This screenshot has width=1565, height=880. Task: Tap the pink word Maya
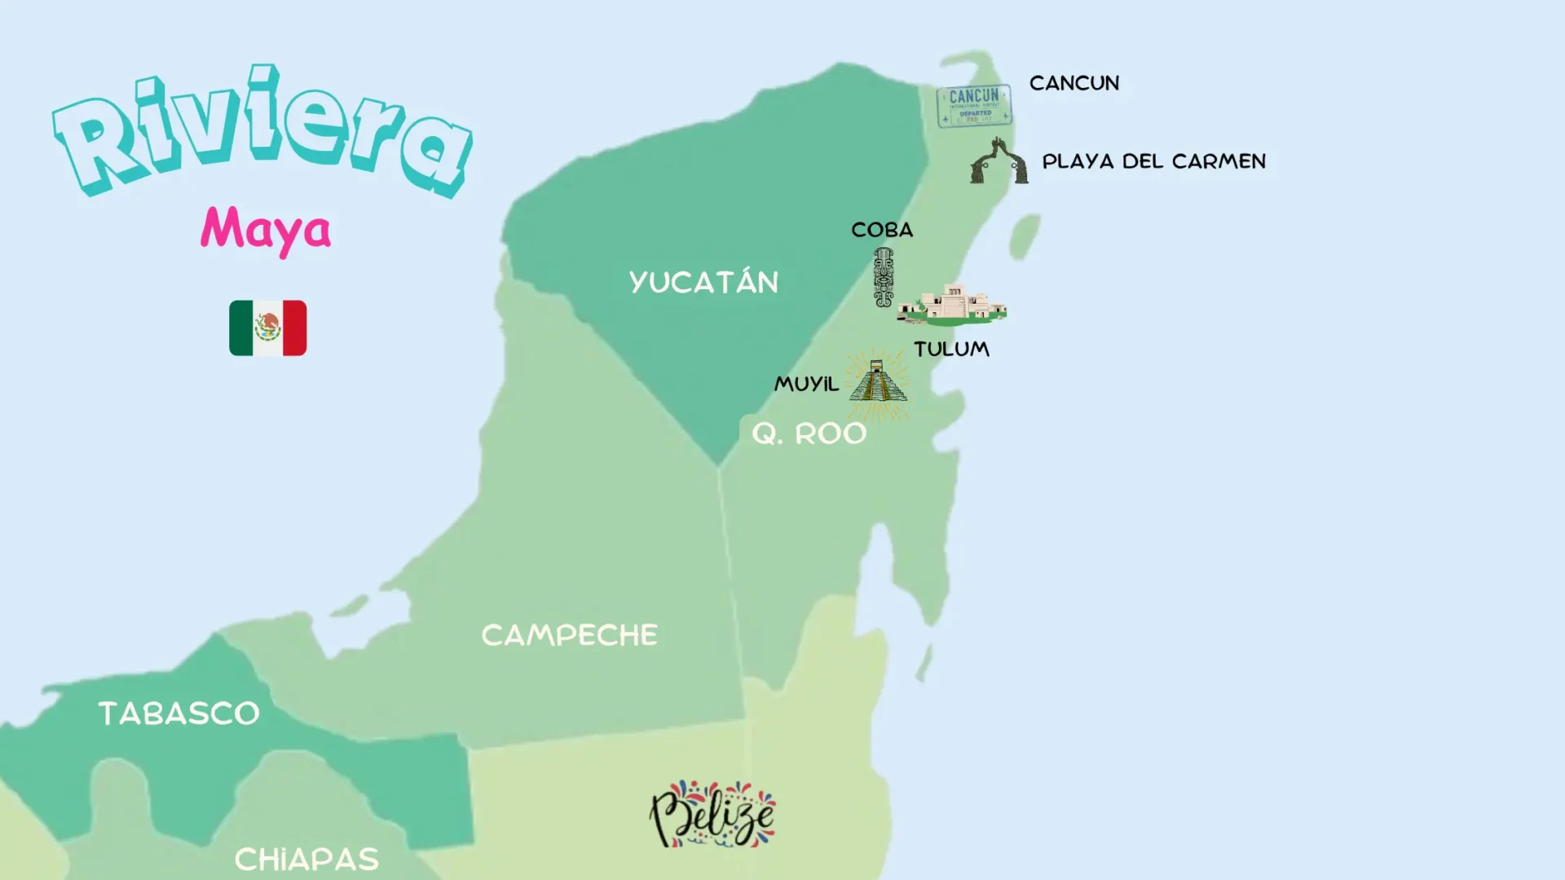point(266,229)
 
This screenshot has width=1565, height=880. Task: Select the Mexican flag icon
point(267,328)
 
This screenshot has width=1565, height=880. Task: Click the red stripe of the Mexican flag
point(295,328)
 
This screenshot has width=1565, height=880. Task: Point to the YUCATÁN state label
point(703,282)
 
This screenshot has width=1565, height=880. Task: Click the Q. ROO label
point(809,433)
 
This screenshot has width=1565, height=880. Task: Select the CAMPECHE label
point(569,635)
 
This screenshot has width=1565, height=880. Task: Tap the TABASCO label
point(179,713)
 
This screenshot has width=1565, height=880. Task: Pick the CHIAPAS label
point(306,859)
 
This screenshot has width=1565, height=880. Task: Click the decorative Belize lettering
point(712,814)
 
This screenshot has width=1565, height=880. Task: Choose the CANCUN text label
point(1073,83)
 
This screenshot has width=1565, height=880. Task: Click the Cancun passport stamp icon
point(974,106)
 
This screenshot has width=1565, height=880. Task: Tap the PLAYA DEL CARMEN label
point(1153,161)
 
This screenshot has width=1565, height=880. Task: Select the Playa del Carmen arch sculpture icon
point(999,161)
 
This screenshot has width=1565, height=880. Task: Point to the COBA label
point(882,230)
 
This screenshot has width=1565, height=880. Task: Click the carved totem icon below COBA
point(884,277)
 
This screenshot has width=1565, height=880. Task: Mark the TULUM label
point(951,349)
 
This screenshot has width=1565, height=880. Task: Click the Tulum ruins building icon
point(952,304)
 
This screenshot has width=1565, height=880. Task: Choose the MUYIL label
point(806,384)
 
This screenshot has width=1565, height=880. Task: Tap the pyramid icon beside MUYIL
point(877,381)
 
